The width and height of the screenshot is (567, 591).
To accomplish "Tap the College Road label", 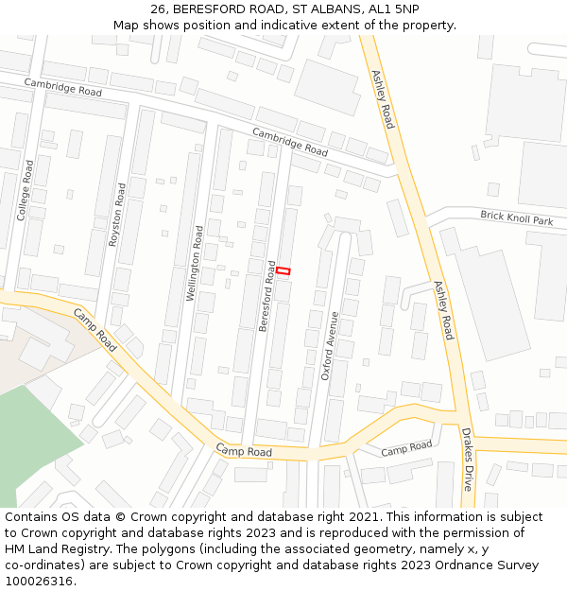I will (x=26, y=190).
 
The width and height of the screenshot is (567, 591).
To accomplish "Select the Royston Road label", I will (x=117, y=216).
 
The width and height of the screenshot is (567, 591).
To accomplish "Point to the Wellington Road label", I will (x=195, y=263).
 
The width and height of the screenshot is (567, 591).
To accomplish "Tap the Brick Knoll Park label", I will (x=516, y=218).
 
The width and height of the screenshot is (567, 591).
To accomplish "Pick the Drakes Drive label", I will (x=467, y=459).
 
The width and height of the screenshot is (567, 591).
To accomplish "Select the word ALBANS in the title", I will (x=324, y=9).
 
